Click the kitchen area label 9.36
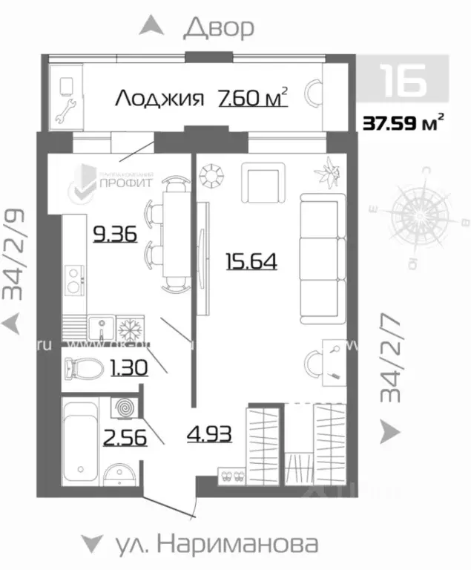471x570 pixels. coord(113,235)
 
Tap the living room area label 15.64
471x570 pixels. coord(251,261)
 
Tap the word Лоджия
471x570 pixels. coord(159,98)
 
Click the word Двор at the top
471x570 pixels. coord(219,27)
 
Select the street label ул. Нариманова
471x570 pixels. coord(217,544)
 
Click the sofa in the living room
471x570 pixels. coord(322,257)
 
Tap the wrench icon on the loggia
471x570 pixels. coord(63,113)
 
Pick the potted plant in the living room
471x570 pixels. coord(326,174)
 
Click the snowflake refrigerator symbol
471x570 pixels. coord(125,327)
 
